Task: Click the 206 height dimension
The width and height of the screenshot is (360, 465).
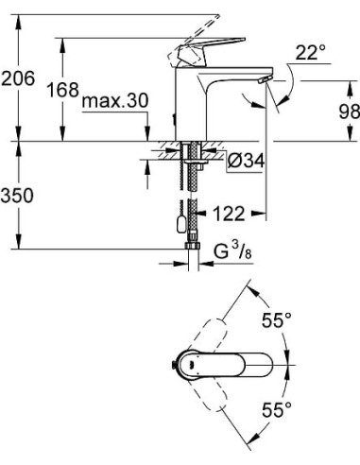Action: point(18,78)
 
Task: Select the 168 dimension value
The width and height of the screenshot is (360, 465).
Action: point(62,90)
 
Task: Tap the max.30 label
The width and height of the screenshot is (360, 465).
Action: point(114,101)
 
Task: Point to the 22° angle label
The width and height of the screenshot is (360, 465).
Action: point(311,52)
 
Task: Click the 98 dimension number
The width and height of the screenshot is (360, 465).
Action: point(350,112)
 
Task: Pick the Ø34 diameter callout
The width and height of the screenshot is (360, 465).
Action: point(246,161)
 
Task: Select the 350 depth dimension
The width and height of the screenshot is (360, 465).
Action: point(17,196)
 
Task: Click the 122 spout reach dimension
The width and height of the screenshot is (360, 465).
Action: point(229,214)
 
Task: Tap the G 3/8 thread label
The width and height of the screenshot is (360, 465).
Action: point(232,252)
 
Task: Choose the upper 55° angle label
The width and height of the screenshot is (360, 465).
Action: point(277,320)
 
